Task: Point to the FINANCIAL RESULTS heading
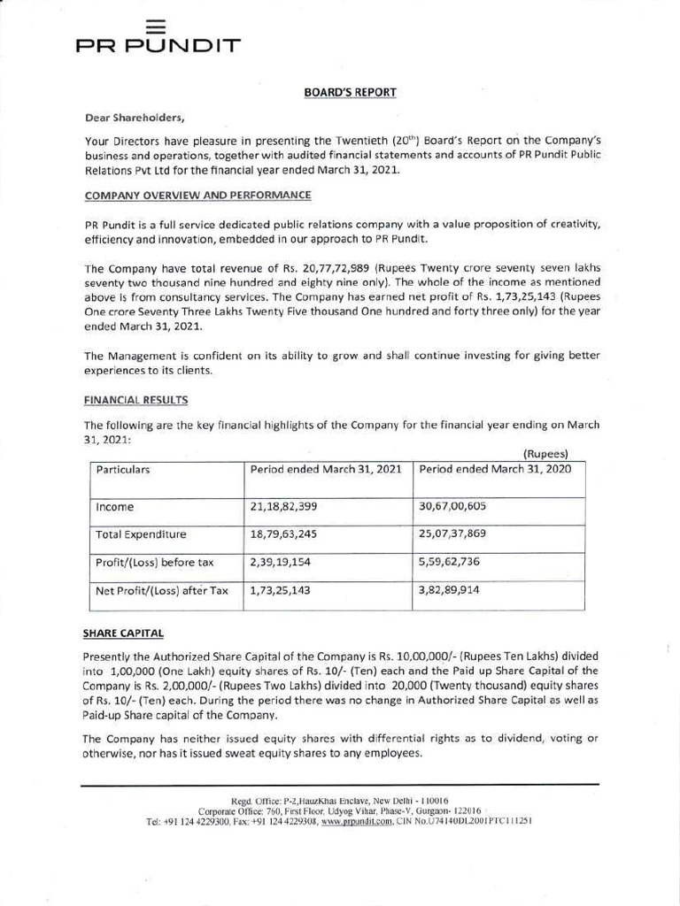[x=135, y=401]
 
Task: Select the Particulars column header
[x=123, y=470]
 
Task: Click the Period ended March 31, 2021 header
[x=327, y=470]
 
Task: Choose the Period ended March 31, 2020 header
[x=495, y=470]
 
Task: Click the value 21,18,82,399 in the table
[x=284, y=508]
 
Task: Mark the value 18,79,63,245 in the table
[x=284, y=535]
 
